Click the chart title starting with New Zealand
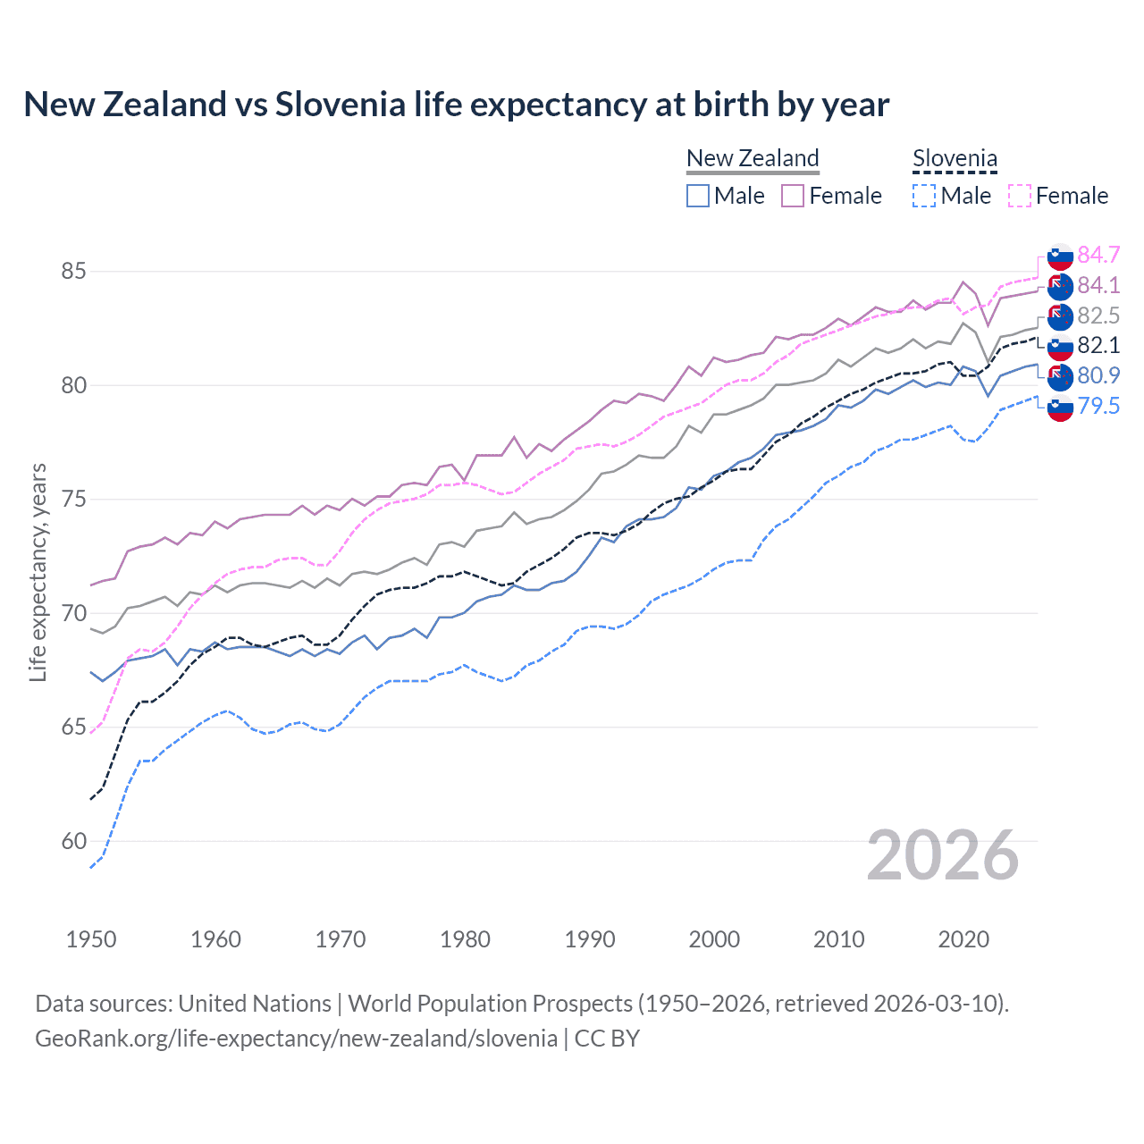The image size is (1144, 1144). point(456,105)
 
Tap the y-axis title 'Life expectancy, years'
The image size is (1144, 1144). point(38,572)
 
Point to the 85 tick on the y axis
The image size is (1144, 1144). point(73,271)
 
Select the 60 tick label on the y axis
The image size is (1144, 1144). point(73,841)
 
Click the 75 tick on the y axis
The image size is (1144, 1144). point(73,499)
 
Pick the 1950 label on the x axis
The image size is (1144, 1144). point(91,939)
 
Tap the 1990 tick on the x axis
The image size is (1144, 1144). point(590,939)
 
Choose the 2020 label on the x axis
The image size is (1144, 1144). point(963,939)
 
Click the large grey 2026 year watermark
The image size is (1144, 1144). point(942,855)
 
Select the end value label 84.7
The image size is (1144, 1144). point(1098,255)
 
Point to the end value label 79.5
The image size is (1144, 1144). point(1098,406)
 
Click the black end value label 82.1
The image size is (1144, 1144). point(1098,345)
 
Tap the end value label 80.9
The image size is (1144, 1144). point(1098,375)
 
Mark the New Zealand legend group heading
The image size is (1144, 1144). point(753,158)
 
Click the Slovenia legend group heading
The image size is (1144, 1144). point(955,158)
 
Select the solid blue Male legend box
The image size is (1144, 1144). point(698,196)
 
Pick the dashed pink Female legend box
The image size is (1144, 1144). point(1019,196)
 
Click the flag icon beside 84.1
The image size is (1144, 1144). point(1060,286)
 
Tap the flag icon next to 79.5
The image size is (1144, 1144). point(1060,408)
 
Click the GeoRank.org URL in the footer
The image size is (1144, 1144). point(296,1038)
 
